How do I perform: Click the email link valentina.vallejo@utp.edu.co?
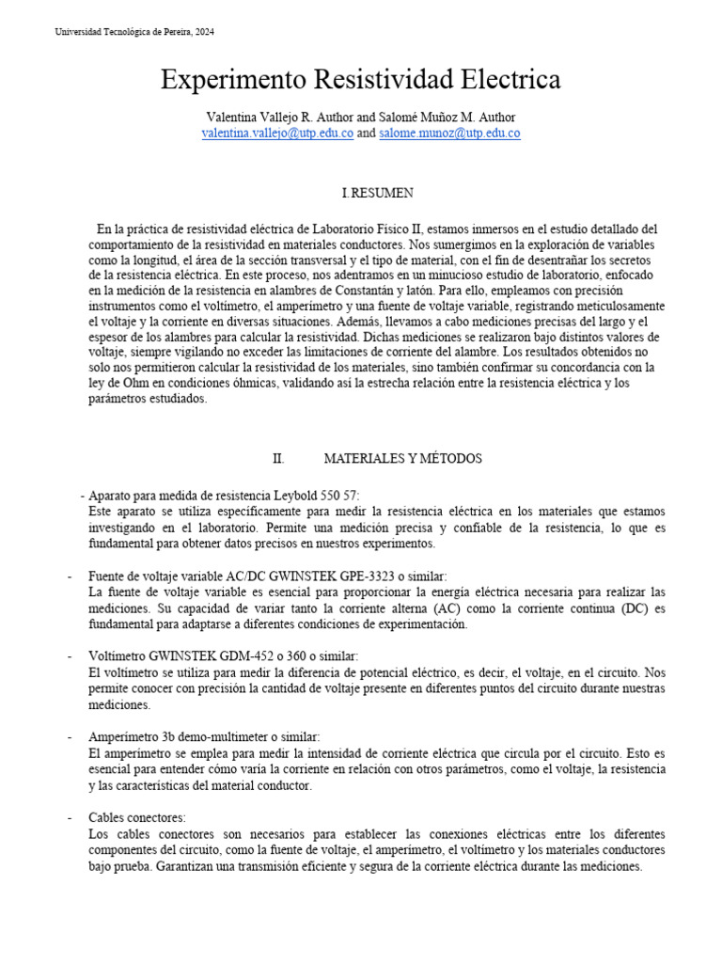277,134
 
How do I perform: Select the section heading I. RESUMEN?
377,193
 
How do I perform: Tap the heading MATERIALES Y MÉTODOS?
402,458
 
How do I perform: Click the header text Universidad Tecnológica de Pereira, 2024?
134,32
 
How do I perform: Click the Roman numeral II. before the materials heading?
278,458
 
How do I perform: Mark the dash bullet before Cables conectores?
71,817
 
